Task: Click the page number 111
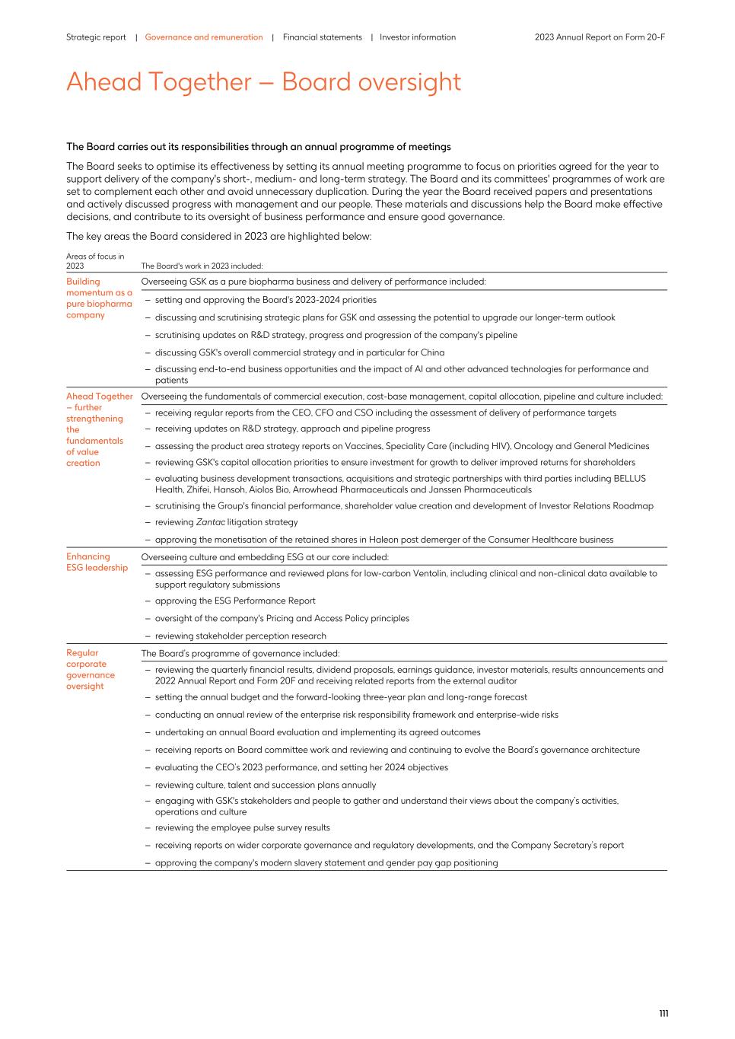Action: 663,1013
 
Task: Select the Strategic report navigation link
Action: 96,37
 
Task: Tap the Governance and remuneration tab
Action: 203,37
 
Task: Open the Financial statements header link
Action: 322,37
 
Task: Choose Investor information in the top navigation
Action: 417,37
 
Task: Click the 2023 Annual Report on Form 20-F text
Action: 600,37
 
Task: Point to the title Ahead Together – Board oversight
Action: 263,82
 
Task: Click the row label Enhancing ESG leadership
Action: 97,562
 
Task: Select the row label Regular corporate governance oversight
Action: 91,669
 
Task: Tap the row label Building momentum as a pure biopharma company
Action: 99,298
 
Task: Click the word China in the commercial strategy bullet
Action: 433,352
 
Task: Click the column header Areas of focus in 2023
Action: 95,261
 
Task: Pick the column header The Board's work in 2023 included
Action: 202,266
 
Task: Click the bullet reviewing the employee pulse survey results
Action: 242,827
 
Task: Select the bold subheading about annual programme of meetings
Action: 258,147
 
